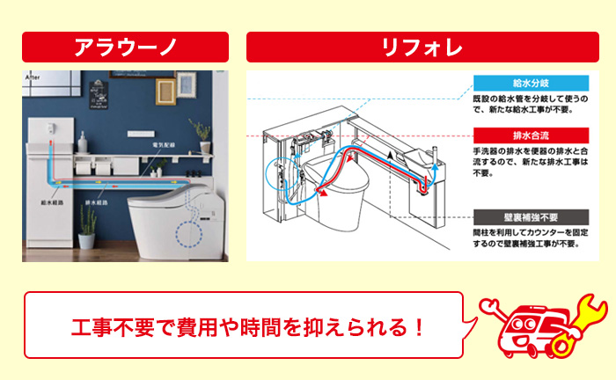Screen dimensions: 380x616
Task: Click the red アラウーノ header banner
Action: pyautogui.click(x=125, y=47)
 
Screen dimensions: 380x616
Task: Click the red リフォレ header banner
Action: pyautogui.click(x=422, y=47)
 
